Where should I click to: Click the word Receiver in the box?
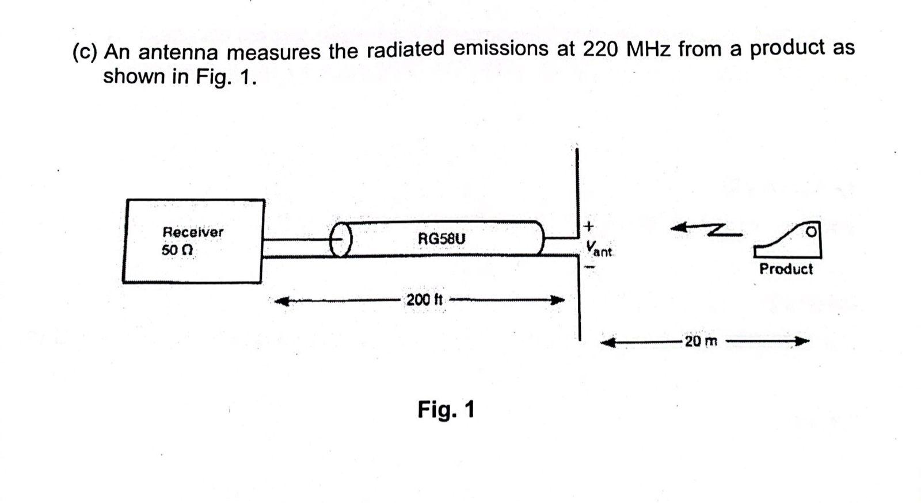point(193,232)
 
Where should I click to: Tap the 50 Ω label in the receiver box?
point(177,251)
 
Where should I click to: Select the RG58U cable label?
point(442,237)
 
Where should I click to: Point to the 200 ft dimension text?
point(424,300)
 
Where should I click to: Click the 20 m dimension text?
point(701,341)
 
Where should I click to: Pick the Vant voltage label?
point(599,248)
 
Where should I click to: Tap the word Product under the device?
point(786,269)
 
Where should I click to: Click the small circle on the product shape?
point(812,232)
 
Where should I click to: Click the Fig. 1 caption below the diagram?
point(446,410)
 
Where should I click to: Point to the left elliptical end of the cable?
point(341,239)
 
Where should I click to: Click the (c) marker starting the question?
point(85,53)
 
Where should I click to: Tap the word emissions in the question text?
point(501,49)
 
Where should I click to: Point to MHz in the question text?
point(649,50)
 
